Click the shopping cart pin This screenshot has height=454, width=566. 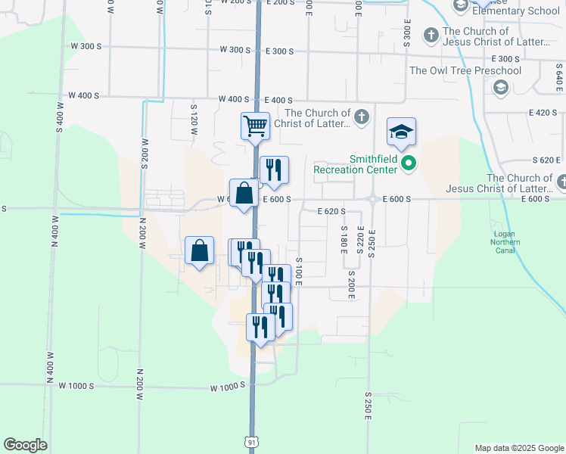click(x=256, y=126)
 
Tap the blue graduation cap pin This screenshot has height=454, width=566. click(x=402, y=132)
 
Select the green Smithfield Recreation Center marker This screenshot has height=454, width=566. click(x=409, y=163)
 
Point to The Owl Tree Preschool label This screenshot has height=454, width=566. click(x=465, y=70)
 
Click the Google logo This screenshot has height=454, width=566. click(x=25, y=445)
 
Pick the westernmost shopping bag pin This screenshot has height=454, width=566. click(x=199, y=250)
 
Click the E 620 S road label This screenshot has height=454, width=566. click(x=331, y=211)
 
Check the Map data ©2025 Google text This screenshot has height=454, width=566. click(x=518, y=448)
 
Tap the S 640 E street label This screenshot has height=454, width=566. click(x=558, y=73)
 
